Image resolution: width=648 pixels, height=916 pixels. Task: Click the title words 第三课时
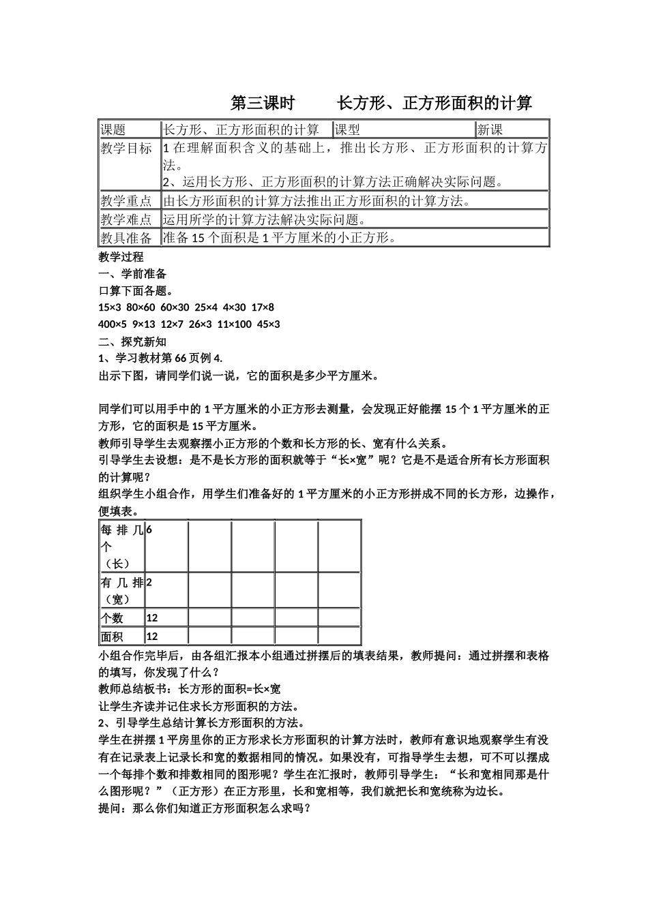(263, 104)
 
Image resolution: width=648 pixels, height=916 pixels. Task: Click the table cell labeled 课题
(114, 129)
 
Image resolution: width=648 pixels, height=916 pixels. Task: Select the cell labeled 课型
(348, 129)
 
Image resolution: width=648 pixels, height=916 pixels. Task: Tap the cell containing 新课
(490, 129)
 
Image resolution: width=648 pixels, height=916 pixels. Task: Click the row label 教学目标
(126, 149)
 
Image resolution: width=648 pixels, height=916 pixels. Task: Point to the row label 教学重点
(126, 201)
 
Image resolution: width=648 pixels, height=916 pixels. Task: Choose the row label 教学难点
(126, 219)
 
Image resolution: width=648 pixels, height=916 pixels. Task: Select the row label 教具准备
(126, 238)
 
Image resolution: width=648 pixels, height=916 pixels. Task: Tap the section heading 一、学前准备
(133, 274)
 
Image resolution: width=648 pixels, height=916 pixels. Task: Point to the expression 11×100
(235, 324)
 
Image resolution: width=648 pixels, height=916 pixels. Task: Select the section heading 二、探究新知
(133, 341)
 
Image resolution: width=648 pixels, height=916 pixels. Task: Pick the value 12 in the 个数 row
(152, 618)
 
